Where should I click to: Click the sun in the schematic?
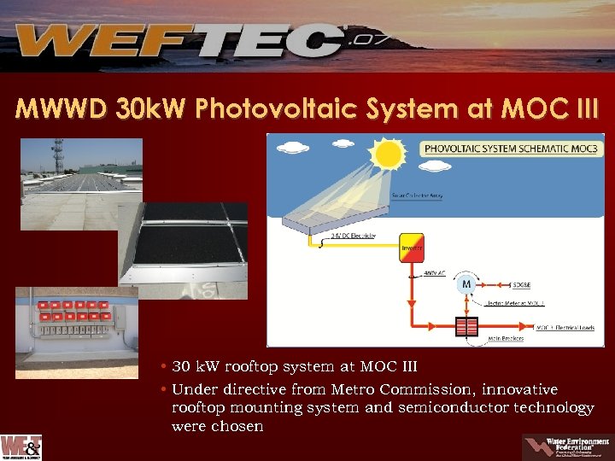click(x=389, y=155)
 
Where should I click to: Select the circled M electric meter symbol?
click(x=466, y=283)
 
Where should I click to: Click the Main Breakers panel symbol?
click(x=466, y=328)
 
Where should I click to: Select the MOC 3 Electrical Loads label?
click(x=565, y=327)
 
